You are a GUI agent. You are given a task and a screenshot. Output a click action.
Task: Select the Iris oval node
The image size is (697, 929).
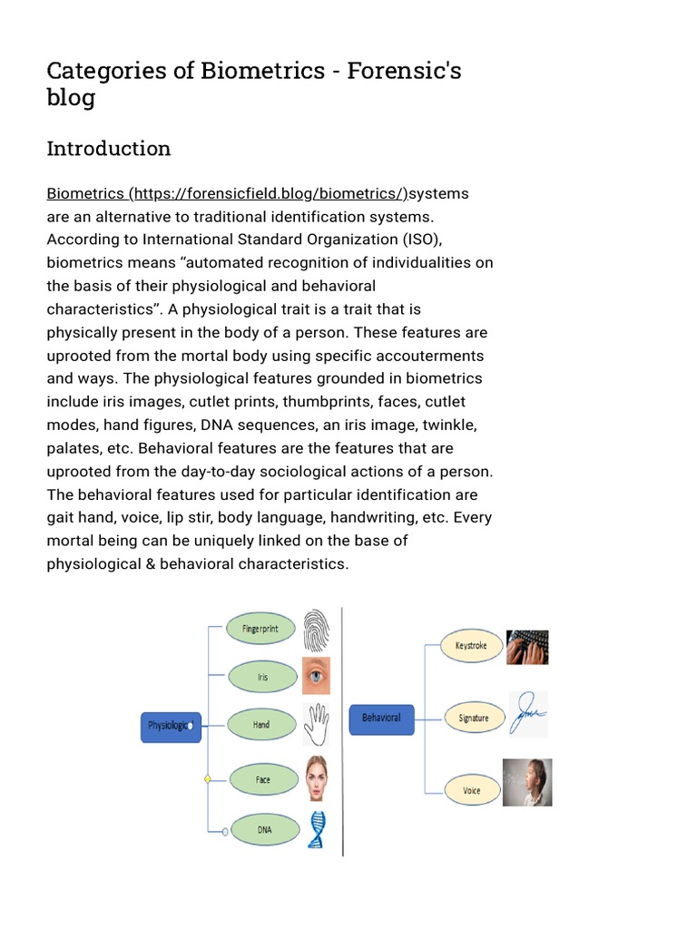(x=262, y=677)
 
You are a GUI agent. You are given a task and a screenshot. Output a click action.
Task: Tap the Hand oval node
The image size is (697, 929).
(x=261, y=726)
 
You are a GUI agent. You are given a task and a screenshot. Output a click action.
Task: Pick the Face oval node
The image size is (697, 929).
(x=262, y=779)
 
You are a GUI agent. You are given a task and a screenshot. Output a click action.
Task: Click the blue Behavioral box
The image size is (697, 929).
(x=381, y=719)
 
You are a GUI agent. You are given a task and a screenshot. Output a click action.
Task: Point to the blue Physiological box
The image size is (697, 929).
(x=171, y=727)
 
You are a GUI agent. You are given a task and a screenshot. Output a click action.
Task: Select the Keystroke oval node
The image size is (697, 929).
(x=471, y=646)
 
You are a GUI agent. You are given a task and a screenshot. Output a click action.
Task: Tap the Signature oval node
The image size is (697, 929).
(x=473, y=718)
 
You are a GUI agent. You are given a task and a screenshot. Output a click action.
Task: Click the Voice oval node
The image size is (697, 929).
(x=472, y=790)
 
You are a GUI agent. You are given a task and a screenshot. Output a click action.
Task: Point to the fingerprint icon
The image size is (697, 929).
(x=317, y=629)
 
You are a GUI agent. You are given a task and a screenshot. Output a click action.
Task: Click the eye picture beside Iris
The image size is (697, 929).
(x=317, y=676)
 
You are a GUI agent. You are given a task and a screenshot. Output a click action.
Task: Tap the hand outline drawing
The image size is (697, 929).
(x=317, y=724)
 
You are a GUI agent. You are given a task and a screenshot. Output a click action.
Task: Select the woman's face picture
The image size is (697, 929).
(x=317, y=778)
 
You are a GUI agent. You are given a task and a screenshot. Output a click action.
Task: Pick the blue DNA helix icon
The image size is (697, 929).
(x=317, y=829)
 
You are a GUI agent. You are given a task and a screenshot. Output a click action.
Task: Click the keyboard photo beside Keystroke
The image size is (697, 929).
(x=527, y=647)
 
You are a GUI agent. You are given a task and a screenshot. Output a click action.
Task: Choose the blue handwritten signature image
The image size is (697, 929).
(x=527, y=715)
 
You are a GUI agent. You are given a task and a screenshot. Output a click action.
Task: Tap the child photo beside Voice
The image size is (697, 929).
(x=527, y=783)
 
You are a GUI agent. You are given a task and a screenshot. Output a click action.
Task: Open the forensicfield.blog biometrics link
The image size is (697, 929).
(x=227, y=193)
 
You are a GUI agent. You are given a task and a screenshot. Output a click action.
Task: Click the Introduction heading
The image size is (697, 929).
(x=109, y=148)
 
